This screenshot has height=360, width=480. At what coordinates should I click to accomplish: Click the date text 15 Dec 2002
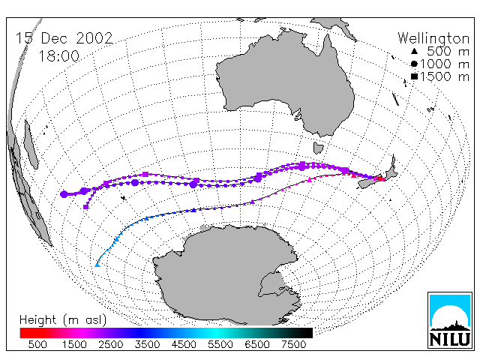tap(64, 38)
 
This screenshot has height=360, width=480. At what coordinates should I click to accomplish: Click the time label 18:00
tap(59, 56)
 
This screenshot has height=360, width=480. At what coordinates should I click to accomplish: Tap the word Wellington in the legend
tap(433, 39)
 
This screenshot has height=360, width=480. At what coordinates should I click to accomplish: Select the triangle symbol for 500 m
tap(414, 51)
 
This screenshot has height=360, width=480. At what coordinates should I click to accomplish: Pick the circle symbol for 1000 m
tap(414, 64)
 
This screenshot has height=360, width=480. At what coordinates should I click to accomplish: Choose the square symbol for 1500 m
tap(414, 76)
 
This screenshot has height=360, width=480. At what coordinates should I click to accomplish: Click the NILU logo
tap(450, 320)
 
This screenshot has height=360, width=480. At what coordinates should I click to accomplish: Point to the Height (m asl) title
tap(63, 320)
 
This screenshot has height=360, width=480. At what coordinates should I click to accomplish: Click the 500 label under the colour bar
tap(37, 344)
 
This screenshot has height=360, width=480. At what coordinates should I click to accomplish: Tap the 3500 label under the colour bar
tap(147, 344)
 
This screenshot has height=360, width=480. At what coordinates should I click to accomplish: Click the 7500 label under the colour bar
tap(293, 344)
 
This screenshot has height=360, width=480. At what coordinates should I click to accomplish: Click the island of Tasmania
tap(318, 148)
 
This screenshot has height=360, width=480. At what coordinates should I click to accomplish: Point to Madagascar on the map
tap(31, 144)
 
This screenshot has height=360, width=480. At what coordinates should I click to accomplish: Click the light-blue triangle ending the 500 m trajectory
tap(97, 265)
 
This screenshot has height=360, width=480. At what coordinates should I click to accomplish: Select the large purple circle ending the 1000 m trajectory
tap(64, 194)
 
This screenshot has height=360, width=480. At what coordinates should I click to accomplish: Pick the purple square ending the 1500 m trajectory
tap(86, 207)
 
